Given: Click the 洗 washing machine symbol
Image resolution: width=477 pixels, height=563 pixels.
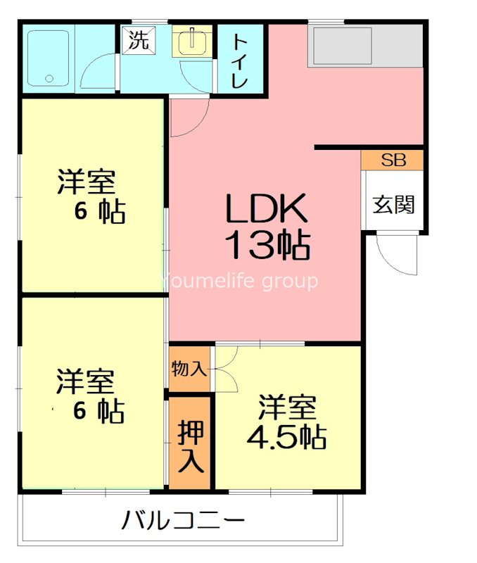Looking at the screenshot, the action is [x=139, y=40].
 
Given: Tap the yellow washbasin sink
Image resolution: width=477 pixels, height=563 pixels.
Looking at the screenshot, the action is [x=192, y=41].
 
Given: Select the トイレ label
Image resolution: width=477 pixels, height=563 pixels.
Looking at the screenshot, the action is [x=240, y=61].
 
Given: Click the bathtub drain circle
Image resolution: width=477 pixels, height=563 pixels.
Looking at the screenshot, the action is [x=49, y=78].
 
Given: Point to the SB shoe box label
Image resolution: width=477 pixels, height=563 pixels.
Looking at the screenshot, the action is [x=393, y=160].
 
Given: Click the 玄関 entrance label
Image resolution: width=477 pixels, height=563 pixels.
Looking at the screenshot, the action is [x=393, y=205].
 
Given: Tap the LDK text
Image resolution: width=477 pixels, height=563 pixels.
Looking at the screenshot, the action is [x=267, y=208].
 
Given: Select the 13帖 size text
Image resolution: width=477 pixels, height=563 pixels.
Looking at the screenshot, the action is [x=267, y=245].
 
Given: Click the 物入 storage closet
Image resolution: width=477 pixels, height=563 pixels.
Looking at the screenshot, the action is [x=189, y=368].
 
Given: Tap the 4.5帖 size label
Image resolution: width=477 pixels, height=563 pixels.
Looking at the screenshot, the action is [x=286, y=437].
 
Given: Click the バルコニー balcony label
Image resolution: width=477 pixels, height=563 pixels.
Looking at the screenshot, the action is [x=183, y=520].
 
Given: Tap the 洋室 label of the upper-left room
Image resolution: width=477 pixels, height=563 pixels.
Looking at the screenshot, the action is [x=87, y=182].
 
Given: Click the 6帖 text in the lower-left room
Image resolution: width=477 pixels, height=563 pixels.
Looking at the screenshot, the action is [x=98, y=410].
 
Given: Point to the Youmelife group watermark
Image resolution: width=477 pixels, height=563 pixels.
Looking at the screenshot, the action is [x=240, y=281].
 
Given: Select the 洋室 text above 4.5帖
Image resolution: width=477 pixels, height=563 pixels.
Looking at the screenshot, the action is [x=287, y=407].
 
